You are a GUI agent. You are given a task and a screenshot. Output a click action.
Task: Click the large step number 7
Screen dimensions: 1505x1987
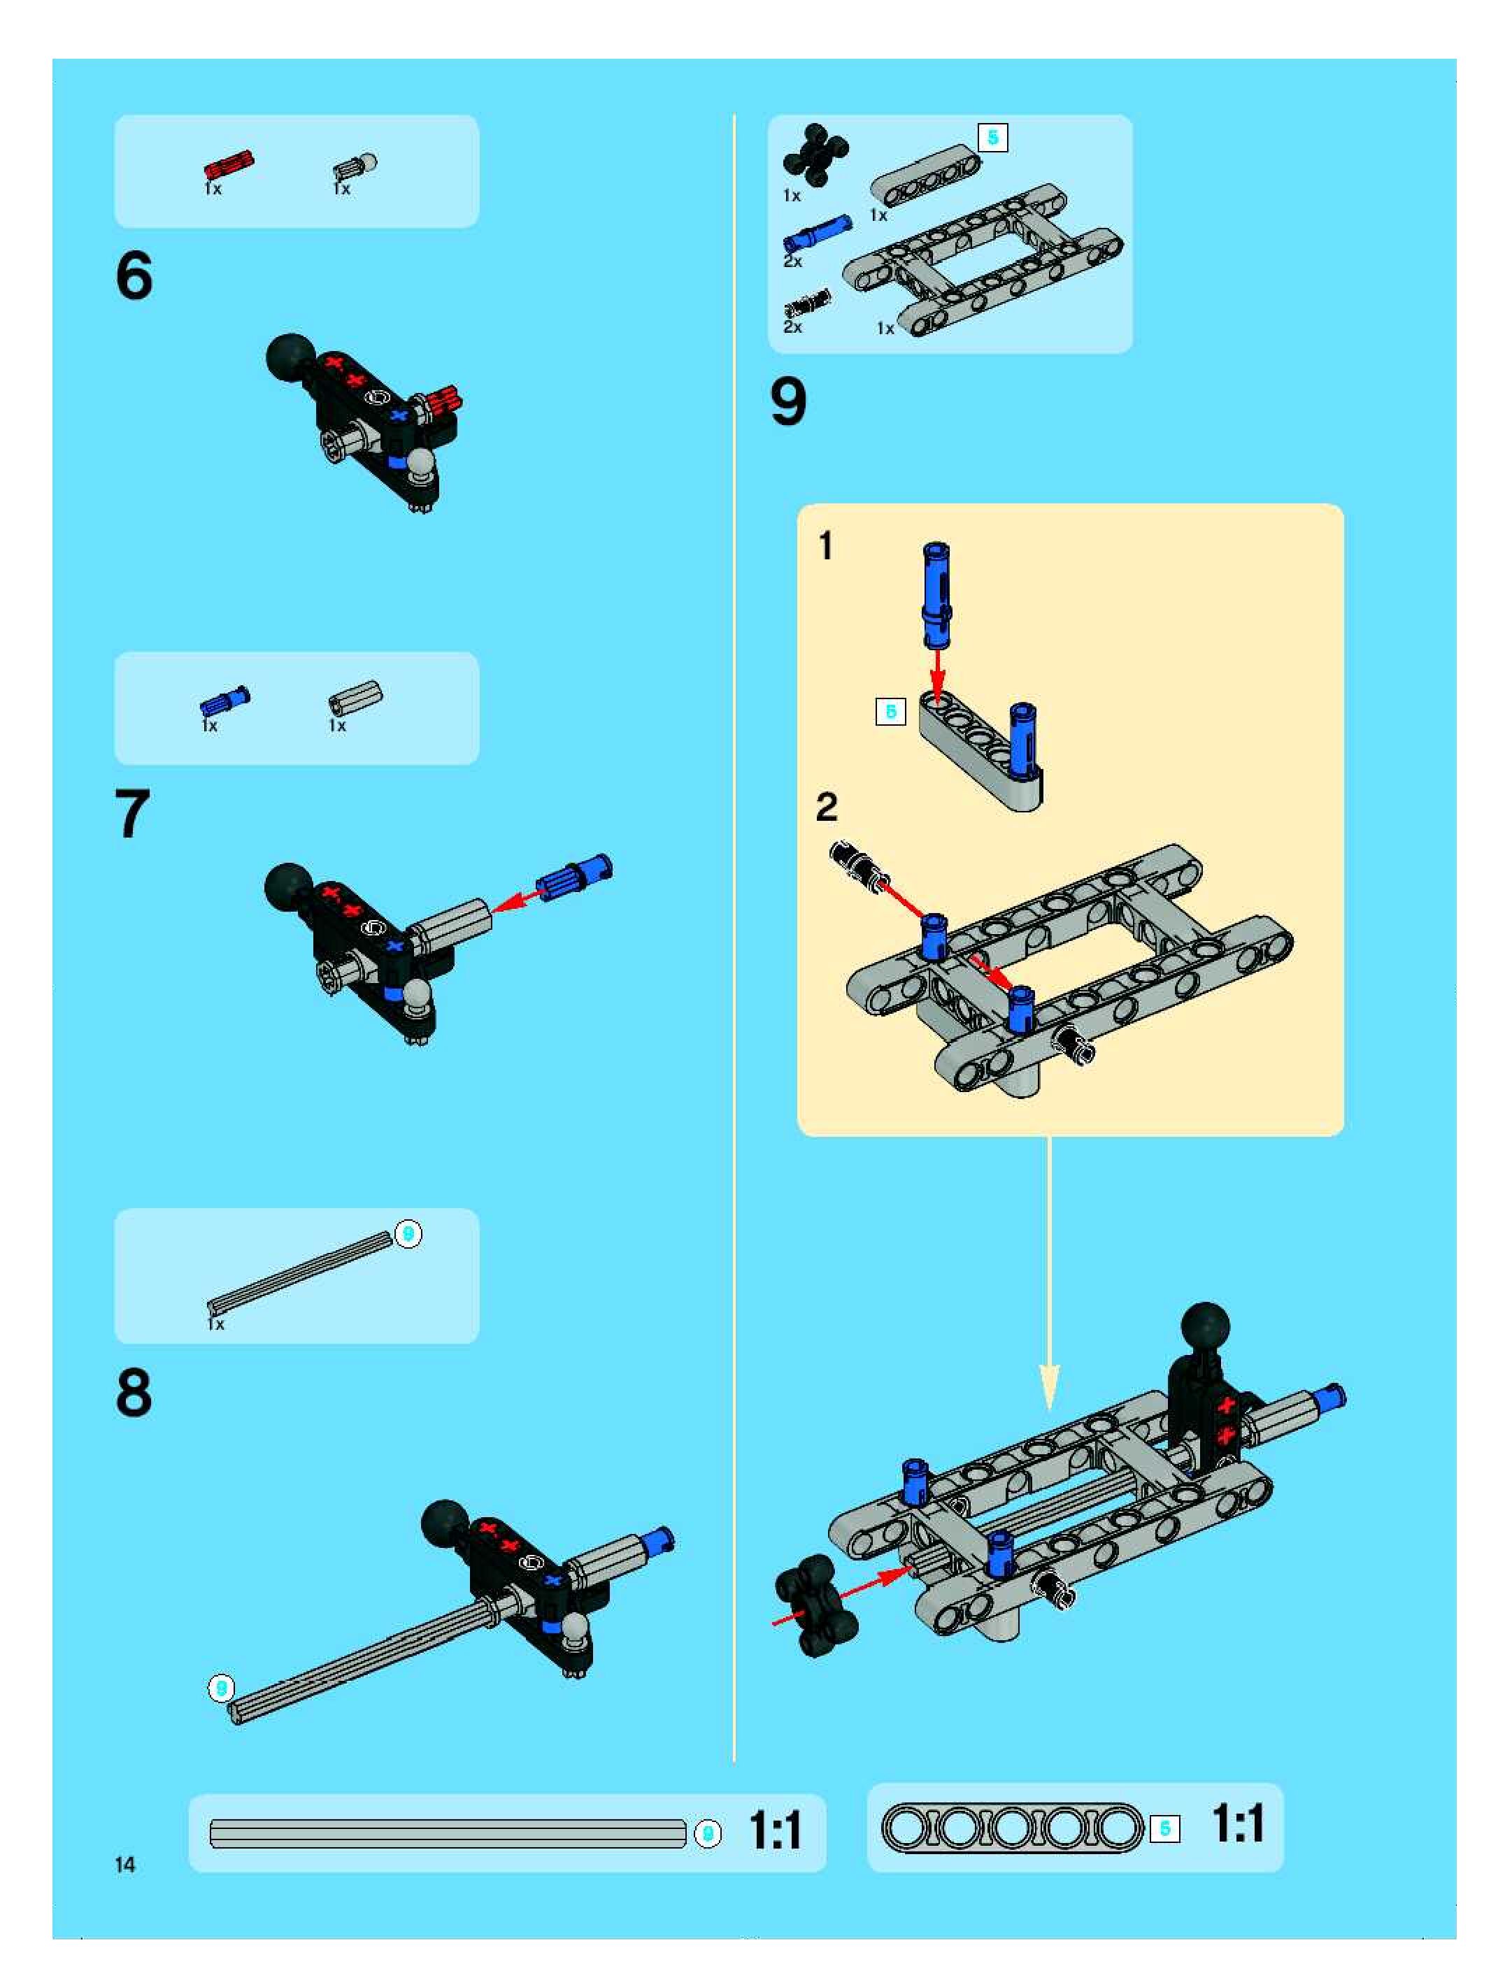(x=133, y=813)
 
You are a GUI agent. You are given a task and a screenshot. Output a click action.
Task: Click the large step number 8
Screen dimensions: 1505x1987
(x=134, y=1393)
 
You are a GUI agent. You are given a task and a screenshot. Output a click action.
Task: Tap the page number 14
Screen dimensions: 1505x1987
(x=125, y=1865)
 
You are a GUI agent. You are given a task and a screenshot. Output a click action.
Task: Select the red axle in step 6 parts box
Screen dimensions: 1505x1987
(x=229, y=165)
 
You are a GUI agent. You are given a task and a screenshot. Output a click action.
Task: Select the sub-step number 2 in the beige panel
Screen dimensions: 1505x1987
(x=827, y=807)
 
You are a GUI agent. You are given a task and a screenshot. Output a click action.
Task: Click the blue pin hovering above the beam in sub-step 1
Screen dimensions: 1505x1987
(x=935, y=595)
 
